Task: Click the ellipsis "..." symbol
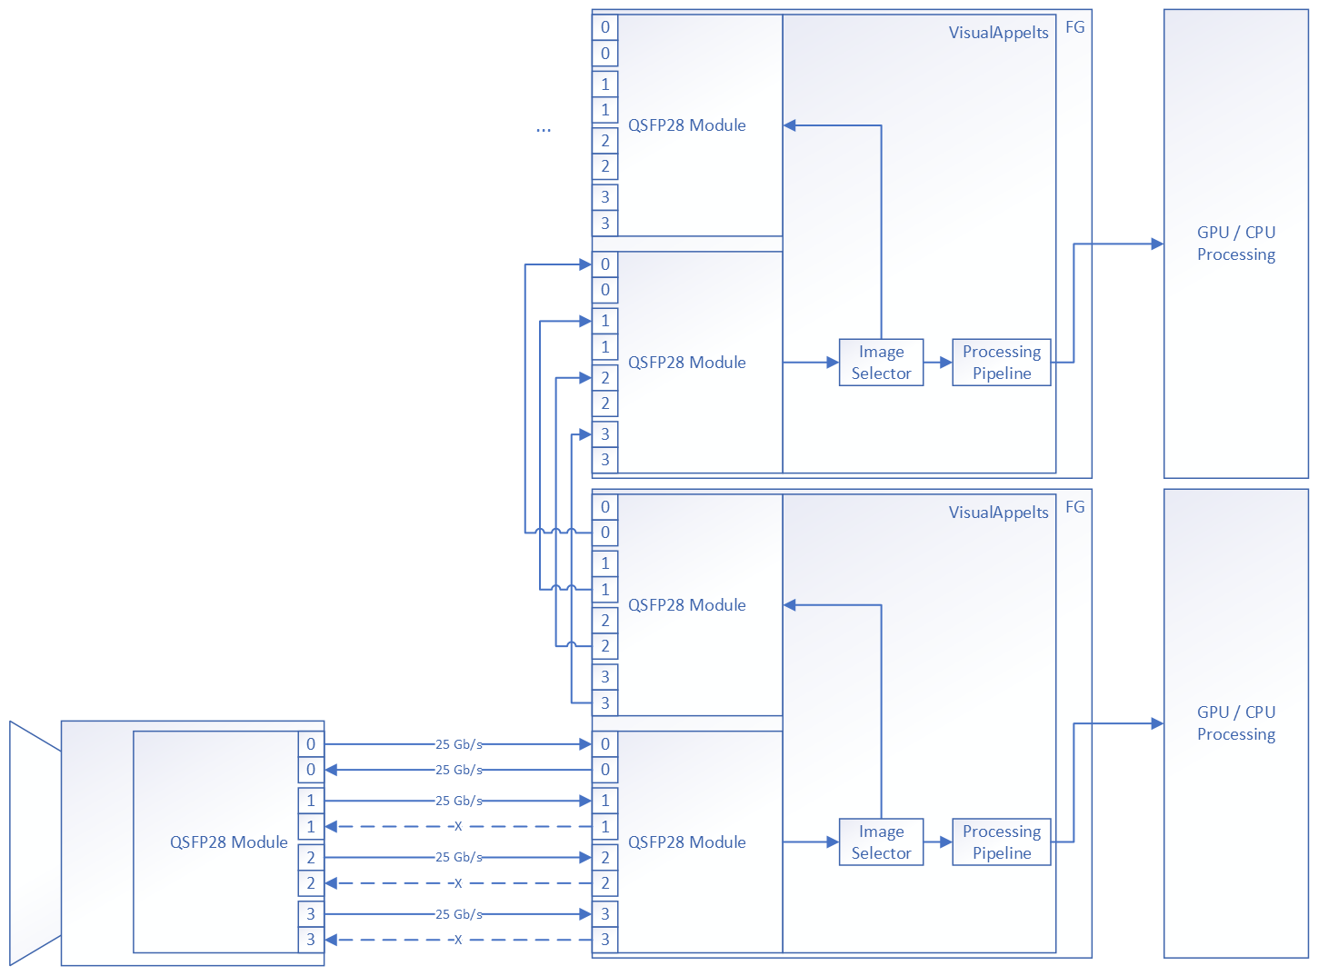click(543, 130)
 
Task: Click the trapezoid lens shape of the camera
click(35, 843)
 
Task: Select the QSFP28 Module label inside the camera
click(228, 842)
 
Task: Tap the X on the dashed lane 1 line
click(458, 827)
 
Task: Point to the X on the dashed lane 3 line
click(458, 940)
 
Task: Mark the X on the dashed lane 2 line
click(458, 883)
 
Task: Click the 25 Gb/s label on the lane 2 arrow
click(458, 857)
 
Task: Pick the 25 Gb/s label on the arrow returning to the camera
click(458, 770)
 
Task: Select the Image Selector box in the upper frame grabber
click(881, 363)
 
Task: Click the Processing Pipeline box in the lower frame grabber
click(1001, 842)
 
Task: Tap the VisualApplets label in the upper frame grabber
click(998, 33)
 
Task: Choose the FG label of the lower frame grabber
click(1074, 507)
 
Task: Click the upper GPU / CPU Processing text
click(1235, 244)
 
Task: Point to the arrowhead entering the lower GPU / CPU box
click(1157, 724)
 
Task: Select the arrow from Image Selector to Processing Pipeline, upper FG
click(938, 363)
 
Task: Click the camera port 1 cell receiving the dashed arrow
click(311, 827)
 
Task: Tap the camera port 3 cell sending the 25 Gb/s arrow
click(311, 914)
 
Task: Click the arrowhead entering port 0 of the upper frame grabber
click(585, 264)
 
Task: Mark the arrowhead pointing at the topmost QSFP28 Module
click(790, 125)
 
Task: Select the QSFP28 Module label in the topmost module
click(686, 125)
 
